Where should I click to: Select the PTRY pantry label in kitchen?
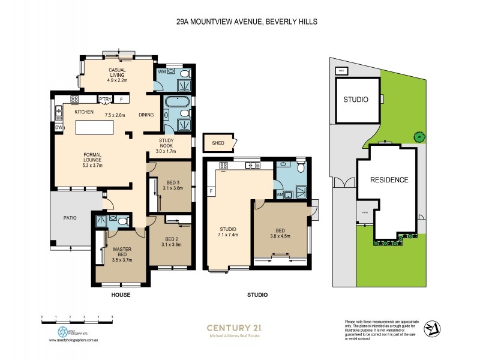[105, 100]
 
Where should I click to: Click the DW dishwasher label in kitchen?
[59, 128]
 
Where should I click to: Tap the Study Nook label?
[166, 145]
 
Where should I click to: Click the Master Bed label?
[121, 254]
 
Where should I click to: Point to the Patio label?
[70, 218]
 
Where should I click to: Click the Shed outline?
[220, 143]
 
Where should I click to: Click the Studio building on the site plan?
[356, 100]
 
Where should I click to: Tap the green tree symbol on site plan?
[418, 137]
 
